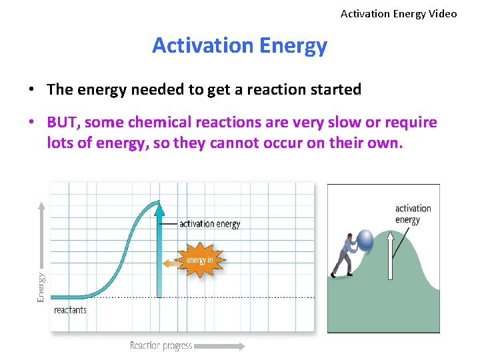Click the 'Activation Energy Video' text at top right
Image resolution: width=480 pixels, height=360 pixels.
399,13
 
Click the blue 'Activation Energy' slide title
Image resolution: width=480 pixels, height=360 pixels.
239,45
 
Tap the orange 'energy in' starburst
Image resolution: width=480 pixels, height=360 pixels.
200,260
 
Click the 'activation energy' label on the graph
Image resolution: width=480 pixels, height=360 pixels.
209,224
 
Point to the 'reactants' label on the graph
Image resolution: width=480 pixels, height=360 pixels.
70,310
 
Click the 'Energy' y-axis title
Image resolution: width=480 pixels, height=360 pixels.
41,287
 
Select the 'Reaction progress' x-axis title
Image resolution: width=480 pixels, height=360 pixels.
161,345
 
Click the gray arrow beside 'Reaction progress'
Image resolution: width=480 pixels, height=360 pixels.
220,345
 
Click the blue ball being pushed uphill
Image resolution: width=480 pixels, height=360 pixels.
366,239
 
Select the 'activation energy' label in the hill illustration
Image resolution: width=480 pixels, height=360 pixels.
413,214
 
